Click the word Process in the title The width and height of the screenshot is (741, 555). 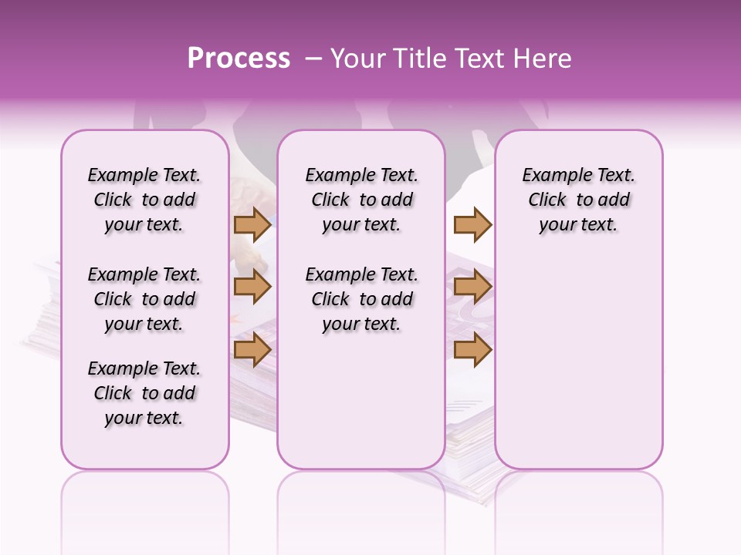[239, 59]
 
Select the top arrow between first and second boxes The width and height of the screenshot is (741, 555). [252, 224]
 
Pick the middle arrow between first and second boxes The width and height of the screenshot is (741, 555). [252, 287]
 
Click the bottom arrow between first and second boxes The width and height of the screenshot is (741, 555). [252, 350]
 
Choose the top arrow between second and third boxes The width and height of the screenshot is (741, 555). [472, 224]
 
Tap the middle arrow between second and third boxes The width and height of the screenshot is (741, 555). [472, 287]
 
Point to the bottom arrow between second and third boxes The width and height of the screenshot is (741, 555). [472, 350]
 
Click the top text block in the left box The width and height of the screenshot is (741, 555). [144, 200]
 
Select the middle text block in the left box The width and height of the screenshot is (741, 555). [144, 299]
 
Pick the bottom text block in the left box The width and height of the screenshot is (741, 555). [144, 393]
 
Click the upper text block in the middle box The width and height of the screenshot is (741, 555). [361, 200]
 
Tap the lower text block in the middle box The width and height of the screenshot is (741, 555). [361, 299]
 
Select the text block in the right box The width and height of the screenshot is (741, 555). [578, 200]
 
